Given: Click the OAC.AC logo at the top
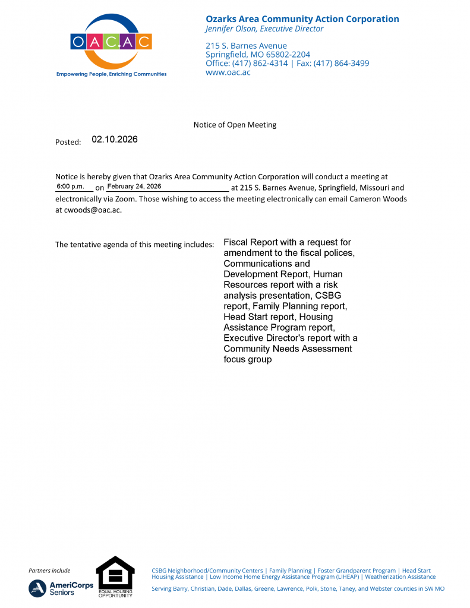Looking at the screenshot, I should click(x=111, y=42).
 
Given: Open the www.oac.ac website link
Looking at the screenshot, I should click(x=228, y=72).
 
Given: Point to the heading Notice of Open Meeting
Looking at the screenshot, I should click(x=235, y=125).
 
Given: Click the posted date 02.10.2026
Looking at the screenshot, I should click(x=115, y=140).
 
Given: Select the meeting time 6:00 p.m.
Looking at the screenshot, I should click(x=71, y=186).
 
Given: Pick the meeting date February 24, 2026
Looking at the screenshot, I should click(x=134, y=186).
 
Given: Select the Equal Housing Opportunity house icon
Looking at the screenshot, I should click(x=115, y=573).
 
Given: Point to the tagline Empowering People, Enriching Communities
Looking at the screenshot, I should click(x=111, y=74).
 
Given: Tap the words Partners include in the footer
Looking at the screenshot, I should click(x=49, y=571).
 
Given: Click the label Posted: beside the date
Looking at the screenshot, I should click(x=68, y=142).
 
